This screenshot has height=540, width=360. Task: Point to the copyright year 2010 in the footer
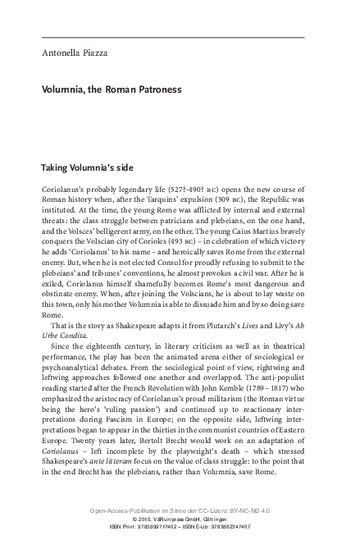[x=139, y=519]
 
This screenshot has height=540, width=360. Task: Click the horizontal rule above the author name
[x=172, y=38]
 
